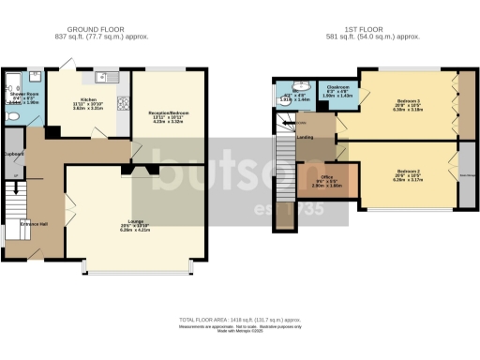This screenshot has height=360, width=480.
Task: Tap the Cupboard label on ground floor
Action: tap(13, 154)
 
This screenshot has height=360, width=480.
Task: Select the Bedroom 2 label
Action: tap(405, 171)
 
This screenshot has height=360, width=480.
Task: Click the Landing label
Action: tap(305, 137)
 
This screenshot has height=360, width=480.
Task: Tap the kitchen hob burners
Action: tap(123, 105)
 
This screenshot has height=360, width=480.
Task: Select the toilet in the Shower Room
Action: tap(9, 116)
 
